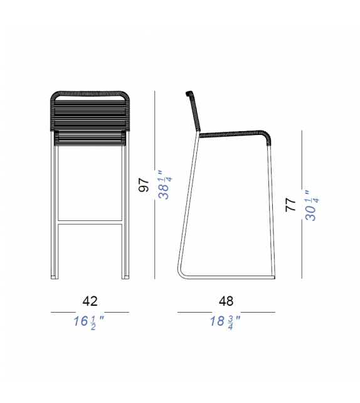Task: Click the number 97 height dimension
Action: click(x=144, y=186)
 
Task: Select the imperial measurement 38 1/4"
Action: click(x=164, y=185)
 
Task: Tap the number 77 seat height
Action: click(x=290, y=205)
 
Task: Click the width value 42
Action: click(x=90, y=301)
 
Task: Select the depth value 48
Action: click(x=226, y=301)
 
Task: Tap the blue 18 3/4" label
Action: click(x=226, y=322)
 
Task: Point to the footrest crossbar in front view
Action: click(x=90, y=222)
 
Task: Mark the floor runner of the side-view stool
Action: click(x=232, y=278)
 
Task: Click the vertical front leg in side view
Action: click(x=271, y=213)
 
